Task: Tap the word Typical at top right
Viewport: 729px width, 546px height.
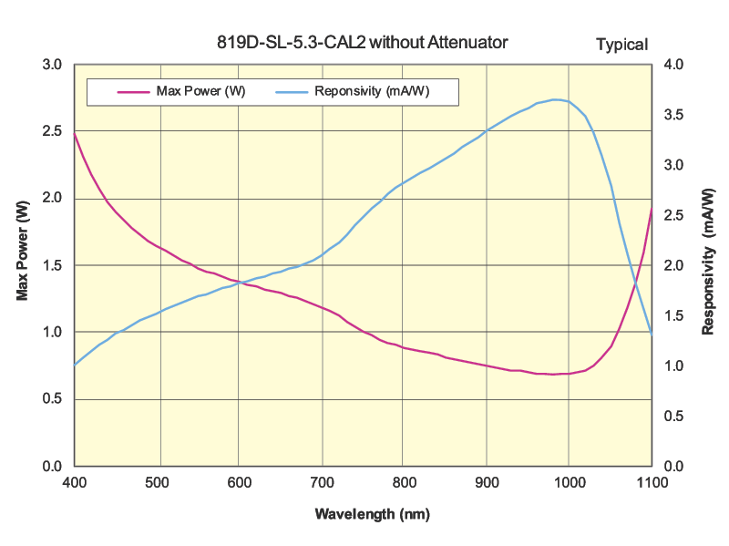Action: (x=621, y=44)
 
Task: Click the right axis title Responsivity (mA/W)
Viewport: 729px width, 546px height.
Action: (x=708, y=262)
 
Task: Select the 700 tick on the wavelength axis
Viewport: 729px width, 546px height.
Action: (x=323, y=482)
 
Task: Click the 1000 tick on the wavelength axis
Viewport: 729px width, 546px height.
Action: (x=569, y=482)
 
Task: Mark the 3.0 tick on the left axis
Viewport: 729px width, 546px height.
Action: (x=53, y=65)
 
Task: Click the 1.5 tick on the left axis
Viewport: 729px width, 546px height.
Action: (x=53, y=265)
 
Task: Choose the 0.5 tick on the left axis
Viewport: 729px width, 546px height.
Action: (x=53, y=399)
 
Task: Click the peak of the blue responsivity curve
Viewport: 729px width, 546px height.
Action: (x=555, y=99)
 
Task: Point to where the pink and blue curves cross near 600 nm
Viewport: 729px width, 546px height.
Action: (x=239, y=283)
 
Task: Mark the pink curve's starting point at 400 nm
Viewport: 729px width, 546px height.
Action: (x=74, y=132)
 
